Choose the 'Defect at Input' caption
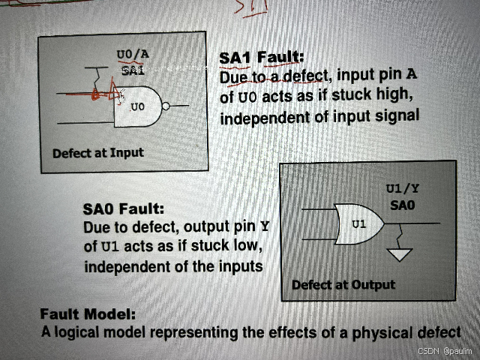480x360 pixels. click(x=97, y=153)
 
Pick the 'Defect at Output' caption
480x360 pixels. click(x=343, y=284)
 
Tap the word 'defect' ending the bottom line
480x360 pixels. click(x=436, y=331)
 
